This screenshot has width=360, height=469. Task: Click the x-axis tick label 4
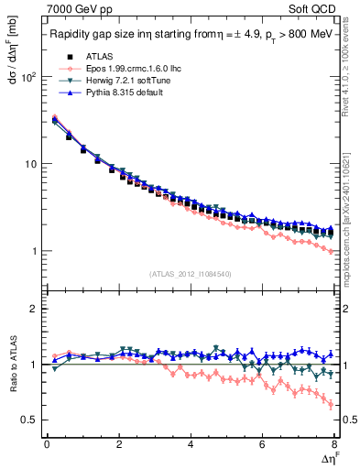point(191,445)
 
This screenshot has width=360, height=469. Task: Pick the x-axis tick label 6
point(262,445)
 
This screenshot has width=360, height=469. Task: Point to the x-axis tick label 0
point(47,445)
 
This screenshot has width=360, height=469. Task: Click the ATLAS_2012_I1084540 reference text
point(190,274)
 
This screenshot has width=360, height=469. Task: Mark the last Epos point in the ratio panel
point(331,404)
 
